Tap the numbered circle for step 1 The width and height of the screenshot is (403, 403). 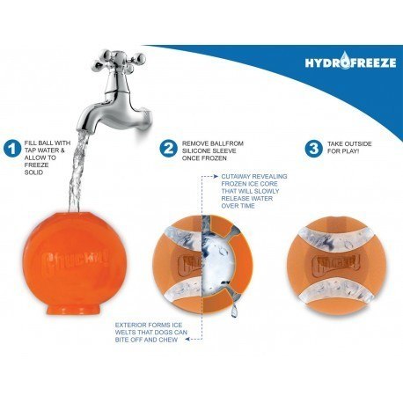(11, 149)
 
